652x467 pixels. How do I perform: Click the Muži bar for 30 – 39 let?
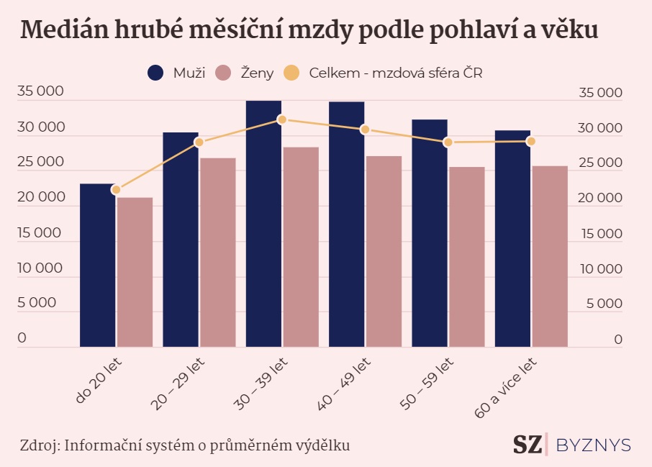click(263, 224)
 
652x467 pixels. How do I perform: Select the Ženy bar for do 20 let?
click(135, 272)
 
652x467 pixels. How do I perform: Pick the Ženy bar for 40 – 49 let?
click(384, 251)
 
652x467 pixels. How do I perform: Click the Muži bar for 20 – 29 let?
click(181, 240)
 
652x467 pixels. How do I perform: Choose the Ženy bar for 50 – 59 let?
click(467, 257)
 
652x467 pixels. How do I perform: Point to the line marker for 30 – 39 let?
click(282, 119)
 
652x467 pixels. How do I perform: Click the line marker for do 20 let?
click(116, 190)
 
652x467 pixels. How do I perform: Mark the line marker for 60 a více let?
click(531, 141)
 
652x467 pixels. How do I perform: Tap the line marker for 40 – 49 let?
click(365, 130)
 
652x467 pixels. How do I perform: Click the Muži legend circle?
click(155, 73)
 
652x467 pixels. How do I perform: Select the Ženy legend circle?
click(224, 73)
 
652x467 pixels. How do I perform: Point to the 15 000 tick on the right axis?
click(600, 234)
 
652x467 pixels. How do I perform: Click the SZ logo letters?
click(529, 445)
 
